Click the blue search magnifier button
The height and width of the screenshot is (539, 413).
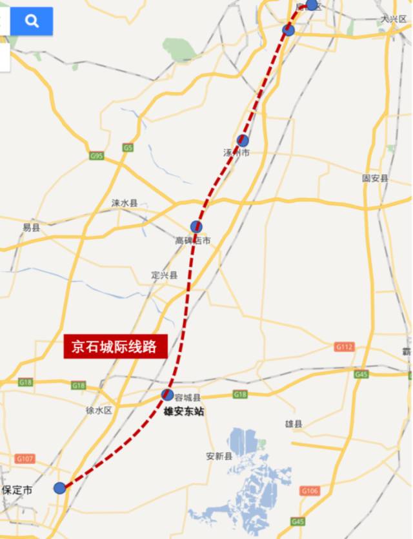click(x=31, y=21)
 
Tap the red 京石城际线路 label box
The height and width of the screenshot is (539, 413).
click(x=115, y=346)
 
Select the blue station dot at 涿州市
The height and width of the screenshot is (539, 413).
click(x=243, y=141)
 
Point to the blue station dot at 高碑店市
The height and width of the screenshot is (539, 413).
click(x=196, y=226)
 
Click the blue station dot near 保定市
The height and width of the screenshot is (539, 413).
click(x=59, y=488)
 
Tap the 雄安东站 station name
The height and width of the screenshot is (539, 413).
click(x=183, y=411)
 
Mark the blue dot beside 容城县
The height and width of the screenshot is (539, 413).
click(x=167, y=395)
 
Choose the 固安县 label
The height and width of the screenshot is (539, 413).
click(x=375, y=178)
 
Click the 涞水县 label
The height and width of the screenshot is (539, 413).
click(x=125, y=202)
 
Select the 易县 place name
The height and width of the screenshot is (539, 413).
click(x=31, y=228)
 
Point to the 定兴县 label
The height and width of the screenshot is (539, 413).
click(x=164, y=275)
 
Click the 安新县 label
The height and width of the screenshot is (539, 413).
click(x=219, y=456)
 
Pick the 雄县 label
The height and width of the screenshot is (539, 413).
click(x=294, y=424)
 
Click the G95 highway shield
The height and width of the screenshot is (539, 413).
click(x=96, y=156)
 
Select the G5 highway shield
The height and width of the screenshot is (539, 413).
click(x=128, y=148)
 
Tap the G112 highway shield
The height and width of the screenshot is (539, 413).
click(x=344, y=347)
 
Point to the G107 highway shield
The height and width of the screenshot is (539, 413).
click(x=25, y=458)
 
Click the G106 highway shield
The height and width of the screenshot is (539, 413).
click(x=310, y=491)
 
